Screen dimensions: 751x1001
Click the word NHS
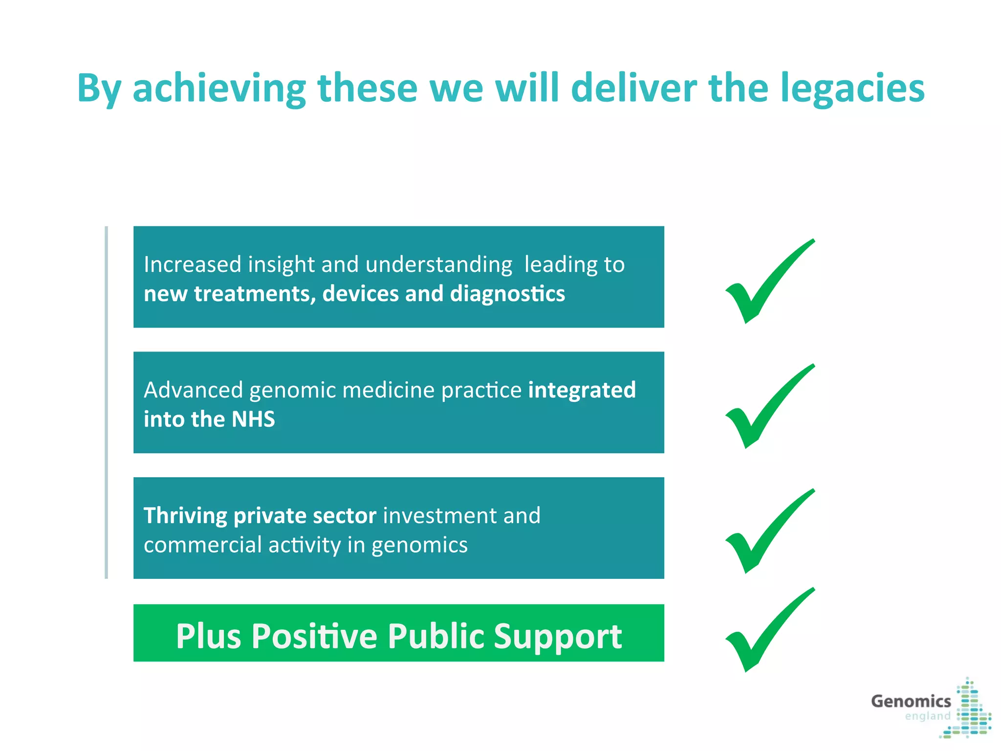click(253, 419)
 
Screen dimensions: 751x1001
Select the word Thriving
click(185, 516)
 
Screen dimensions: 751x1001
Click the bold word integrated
click(582, 390)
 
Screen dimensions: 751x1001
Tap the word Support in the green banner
click(558, 636)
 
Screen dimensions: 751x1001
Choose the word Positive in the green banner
click(315, 636)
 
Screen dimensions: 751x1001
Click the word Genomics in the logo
click(911, 701)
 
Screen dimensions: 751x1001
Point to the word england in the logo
click(928, 716)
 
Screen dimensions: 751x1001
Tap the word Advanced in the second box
click(193, 390)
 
